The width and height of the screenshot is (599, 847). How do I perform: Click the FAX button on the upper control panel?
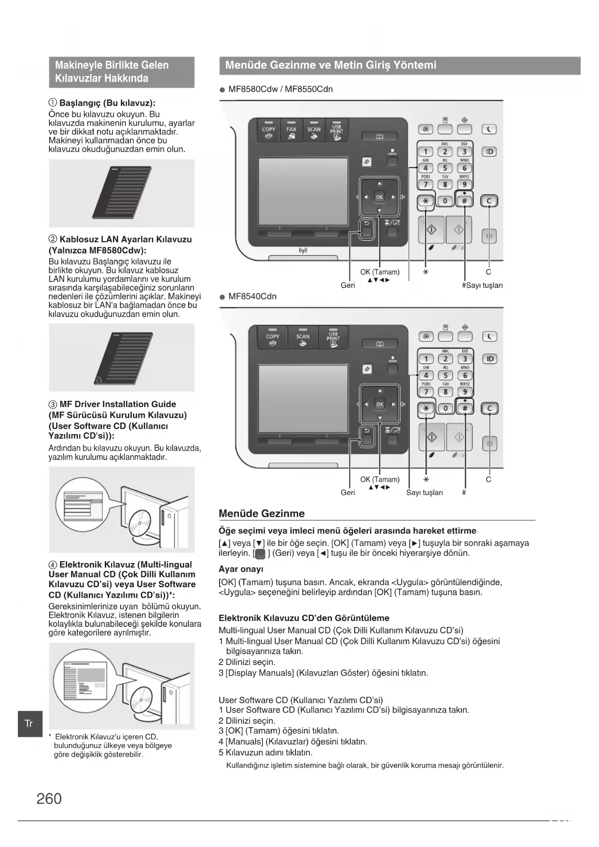pyautogui.click(x=292, y=131)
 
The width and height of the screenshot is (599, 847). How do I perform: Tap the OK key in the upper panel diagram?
pyautogui.click(x=379, y=197)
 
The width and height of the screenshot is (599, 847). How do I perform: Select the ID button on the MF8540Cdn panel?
pyautogui.click(x=489, y=359)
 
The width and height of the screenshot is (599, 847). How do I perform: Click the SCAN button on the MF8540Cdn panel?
pyautogui.click(x=303, y=338)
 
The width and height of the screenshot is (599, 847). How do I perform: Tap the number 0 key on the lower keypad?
pyautogui.click(x=446, y=409)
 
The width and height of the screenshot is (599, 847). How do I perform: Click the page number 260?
pyautogui.click(x=49, y=799)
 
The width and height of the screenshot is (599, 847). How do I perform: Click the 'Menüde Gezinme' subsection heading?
pyautogui.click(x=262, y=513)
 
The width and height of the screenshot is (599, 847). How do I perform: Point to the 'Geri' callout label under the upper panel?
pyautogui.click(x=348, y=285)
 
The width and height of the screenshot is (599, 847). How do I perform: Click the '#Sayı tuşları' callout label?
pyautogui.click(x=482, y=285)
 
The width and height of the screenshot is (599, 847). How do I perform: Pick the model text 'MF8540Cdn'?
pyautogui.click(x=252, y=296)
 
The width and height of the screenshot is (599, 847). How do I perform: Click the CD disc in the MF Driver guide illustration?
pyautogui.click(x=140, y=522)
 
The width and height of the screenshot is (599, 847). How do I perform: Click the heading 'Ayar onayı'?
pyautogui.click(x=241, y=569)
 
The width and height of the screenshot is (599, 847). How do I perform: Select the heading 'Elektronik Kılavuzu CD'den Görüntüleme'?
pyautogui.click(x=304, y=618)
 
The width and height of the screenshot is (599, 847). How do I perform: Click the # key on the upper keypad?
pyautogui.click(x=464, y=201)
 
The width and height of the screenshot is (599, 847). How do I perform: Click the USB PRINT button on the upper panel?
pyautogui.click(x=336, y=131)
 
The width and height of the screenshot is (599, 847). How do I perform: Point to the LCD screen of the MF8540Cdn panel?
pyautogui.click(x=303, y=398)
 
